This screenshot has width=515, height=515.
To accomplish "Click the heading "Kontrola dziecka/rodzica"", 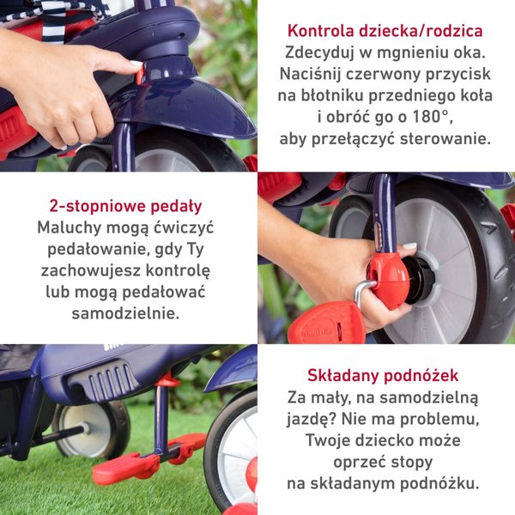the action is click(385, 31).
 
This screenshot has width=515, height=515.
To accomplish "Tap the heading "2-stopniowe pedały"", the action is click(126, 207).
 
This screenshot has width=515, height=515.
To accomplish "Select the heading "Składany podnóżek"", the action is click(383, 375).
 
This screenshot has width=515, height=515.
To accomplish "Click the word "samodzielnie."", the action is click(126, 313).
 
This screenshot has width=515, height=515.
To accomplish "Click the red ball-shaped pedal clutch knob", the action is click(389, 281).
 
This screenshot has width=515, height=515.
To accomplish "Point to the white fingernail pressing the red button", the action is click(136, 63).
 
